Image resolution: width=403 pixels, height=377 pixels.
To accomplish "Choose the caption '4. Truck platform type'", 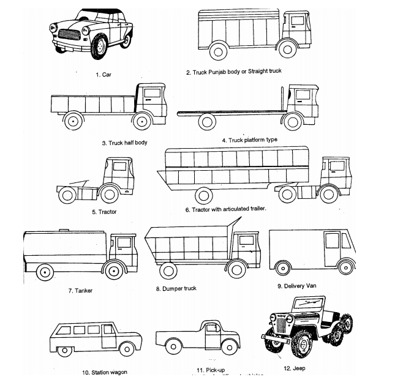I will (249, 140).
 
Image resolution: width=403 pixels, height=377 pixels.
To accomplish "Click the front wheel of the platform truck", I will (293, 122).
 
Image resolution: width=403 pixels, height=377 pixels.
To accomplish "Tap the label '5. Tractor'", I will (104, 212).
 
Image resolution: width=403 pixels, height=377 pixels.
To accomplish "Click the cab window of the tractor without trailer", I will (119, 166).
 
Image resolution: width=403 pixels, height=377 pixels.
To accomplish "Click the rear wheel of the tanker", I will (44, 271).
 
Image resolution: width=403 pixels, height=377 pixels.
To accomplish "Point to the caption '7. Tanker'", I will (80, 290).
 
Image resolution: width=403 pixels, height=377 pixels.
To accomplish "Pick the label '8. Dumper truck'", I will (176, 288).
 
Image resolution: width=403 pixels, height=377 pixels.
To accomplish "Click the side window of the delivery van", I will (333, 240).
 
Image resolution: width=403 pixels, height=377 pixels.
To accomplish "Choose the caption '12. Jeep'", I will (294, 368).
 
